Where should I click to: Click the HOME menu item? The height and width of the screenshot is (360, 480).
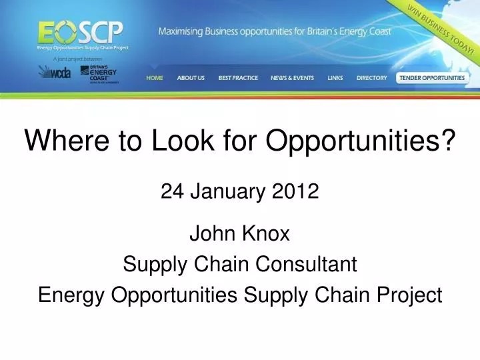[154, 78]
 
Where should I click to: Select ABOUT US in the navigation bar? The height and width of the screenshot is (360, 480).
[191, 78]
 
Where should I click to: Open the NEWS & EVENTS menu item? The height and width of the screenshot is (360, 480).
[292, 78]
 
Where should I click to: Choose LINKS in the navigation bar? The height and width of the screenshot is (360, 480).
[335, 78]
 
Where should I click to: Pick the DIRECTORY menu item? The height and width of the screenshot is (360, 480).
[371, 78]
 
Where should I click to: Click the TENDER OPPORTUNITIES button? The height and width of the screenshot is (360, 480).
[432, 78]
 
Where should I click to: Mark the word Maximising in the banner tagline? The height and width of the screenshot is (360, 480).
[180, 31]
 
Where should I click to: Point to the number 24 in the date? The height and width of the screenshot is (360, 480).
[172, 192]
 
